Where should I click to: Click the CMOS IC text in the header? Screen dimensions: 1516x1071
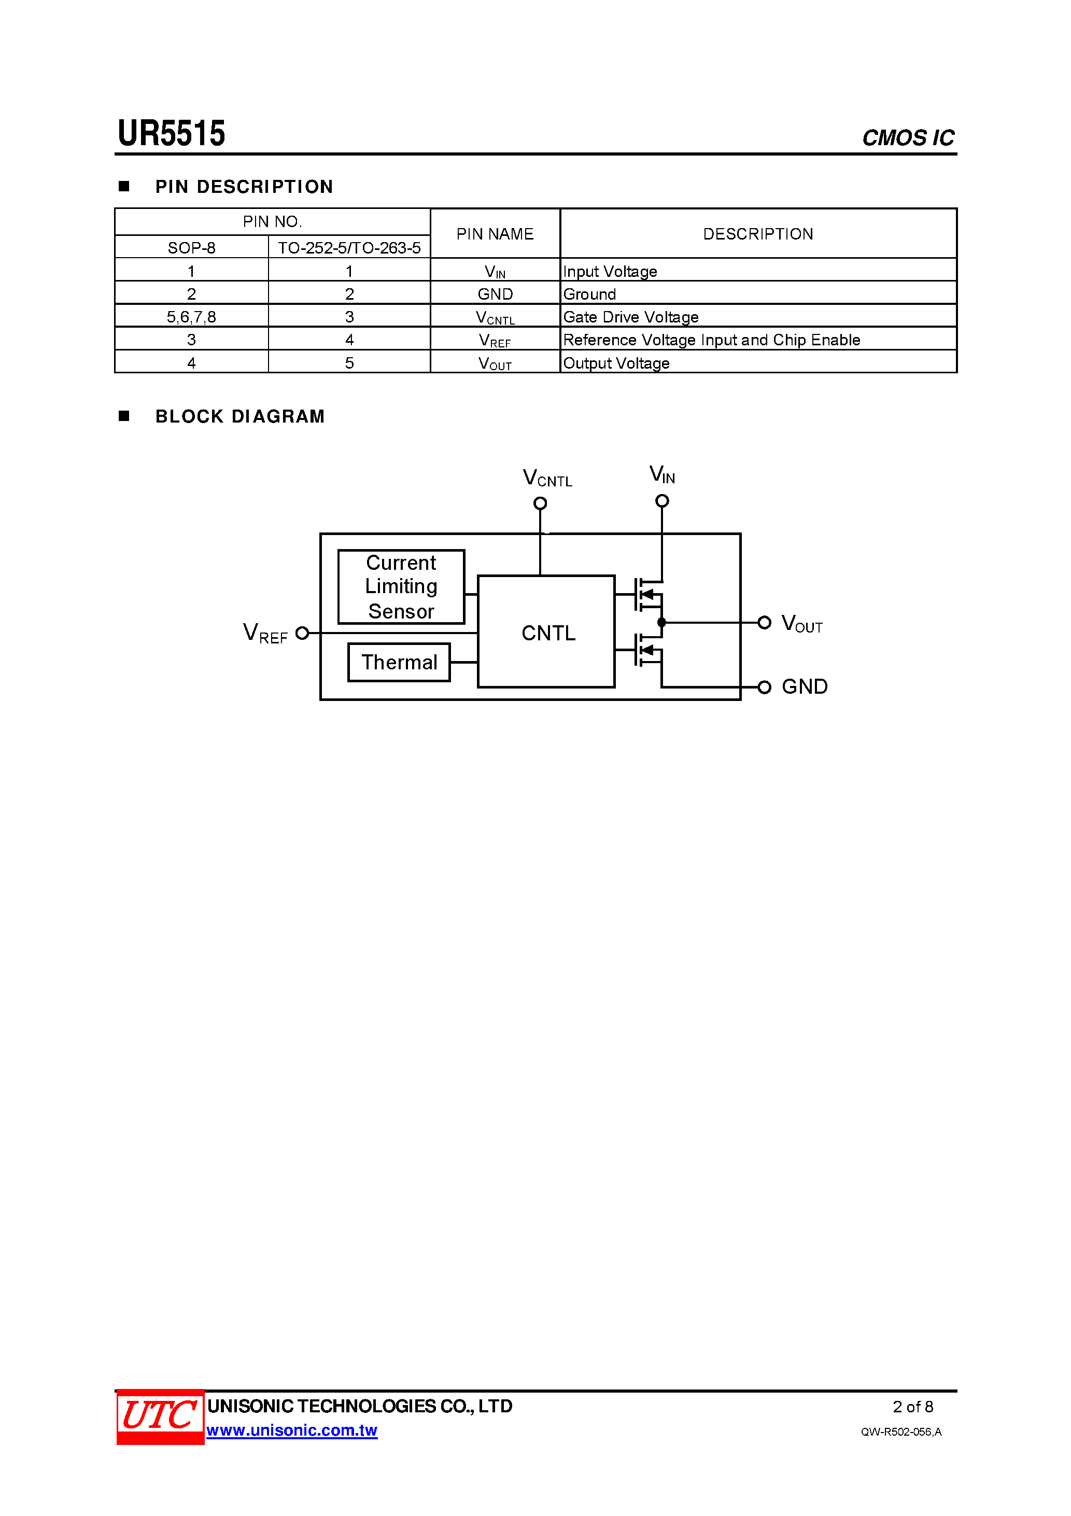[907, 138]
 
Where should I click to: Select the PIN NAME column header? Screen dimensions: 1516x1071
[495, 234]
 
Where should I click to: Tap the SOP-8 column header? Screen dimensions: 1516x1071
[191, 248]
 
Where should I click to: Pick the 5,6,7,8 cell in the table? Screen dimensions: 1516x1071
[191, 317]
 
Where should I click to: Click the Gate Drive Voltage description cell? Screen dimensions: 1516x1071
[630, 317]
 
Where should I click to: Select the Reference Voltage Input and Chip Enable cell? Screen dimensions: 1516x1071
[711, 340]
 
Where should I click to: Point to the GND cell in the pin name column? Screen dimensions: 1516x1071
[495, 294]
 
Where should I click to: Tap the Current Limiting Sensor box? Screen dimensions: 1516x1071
[401, 586]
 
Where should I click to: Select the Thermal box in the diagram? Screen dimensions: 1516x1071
[399, 662]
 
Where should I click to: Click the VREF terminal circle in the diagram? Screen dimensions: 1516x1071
[302, 633]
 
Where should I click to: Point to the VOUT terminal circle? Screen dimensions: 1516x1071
[764, 622]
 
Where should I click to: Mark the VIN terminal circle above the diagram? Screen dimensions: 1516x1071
[661, 501]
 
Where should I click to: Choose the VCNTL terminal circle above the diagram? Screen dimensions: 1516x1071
[540, 503]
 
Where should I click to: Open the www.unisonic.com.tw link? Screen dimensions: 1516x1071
[291, 1430]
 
